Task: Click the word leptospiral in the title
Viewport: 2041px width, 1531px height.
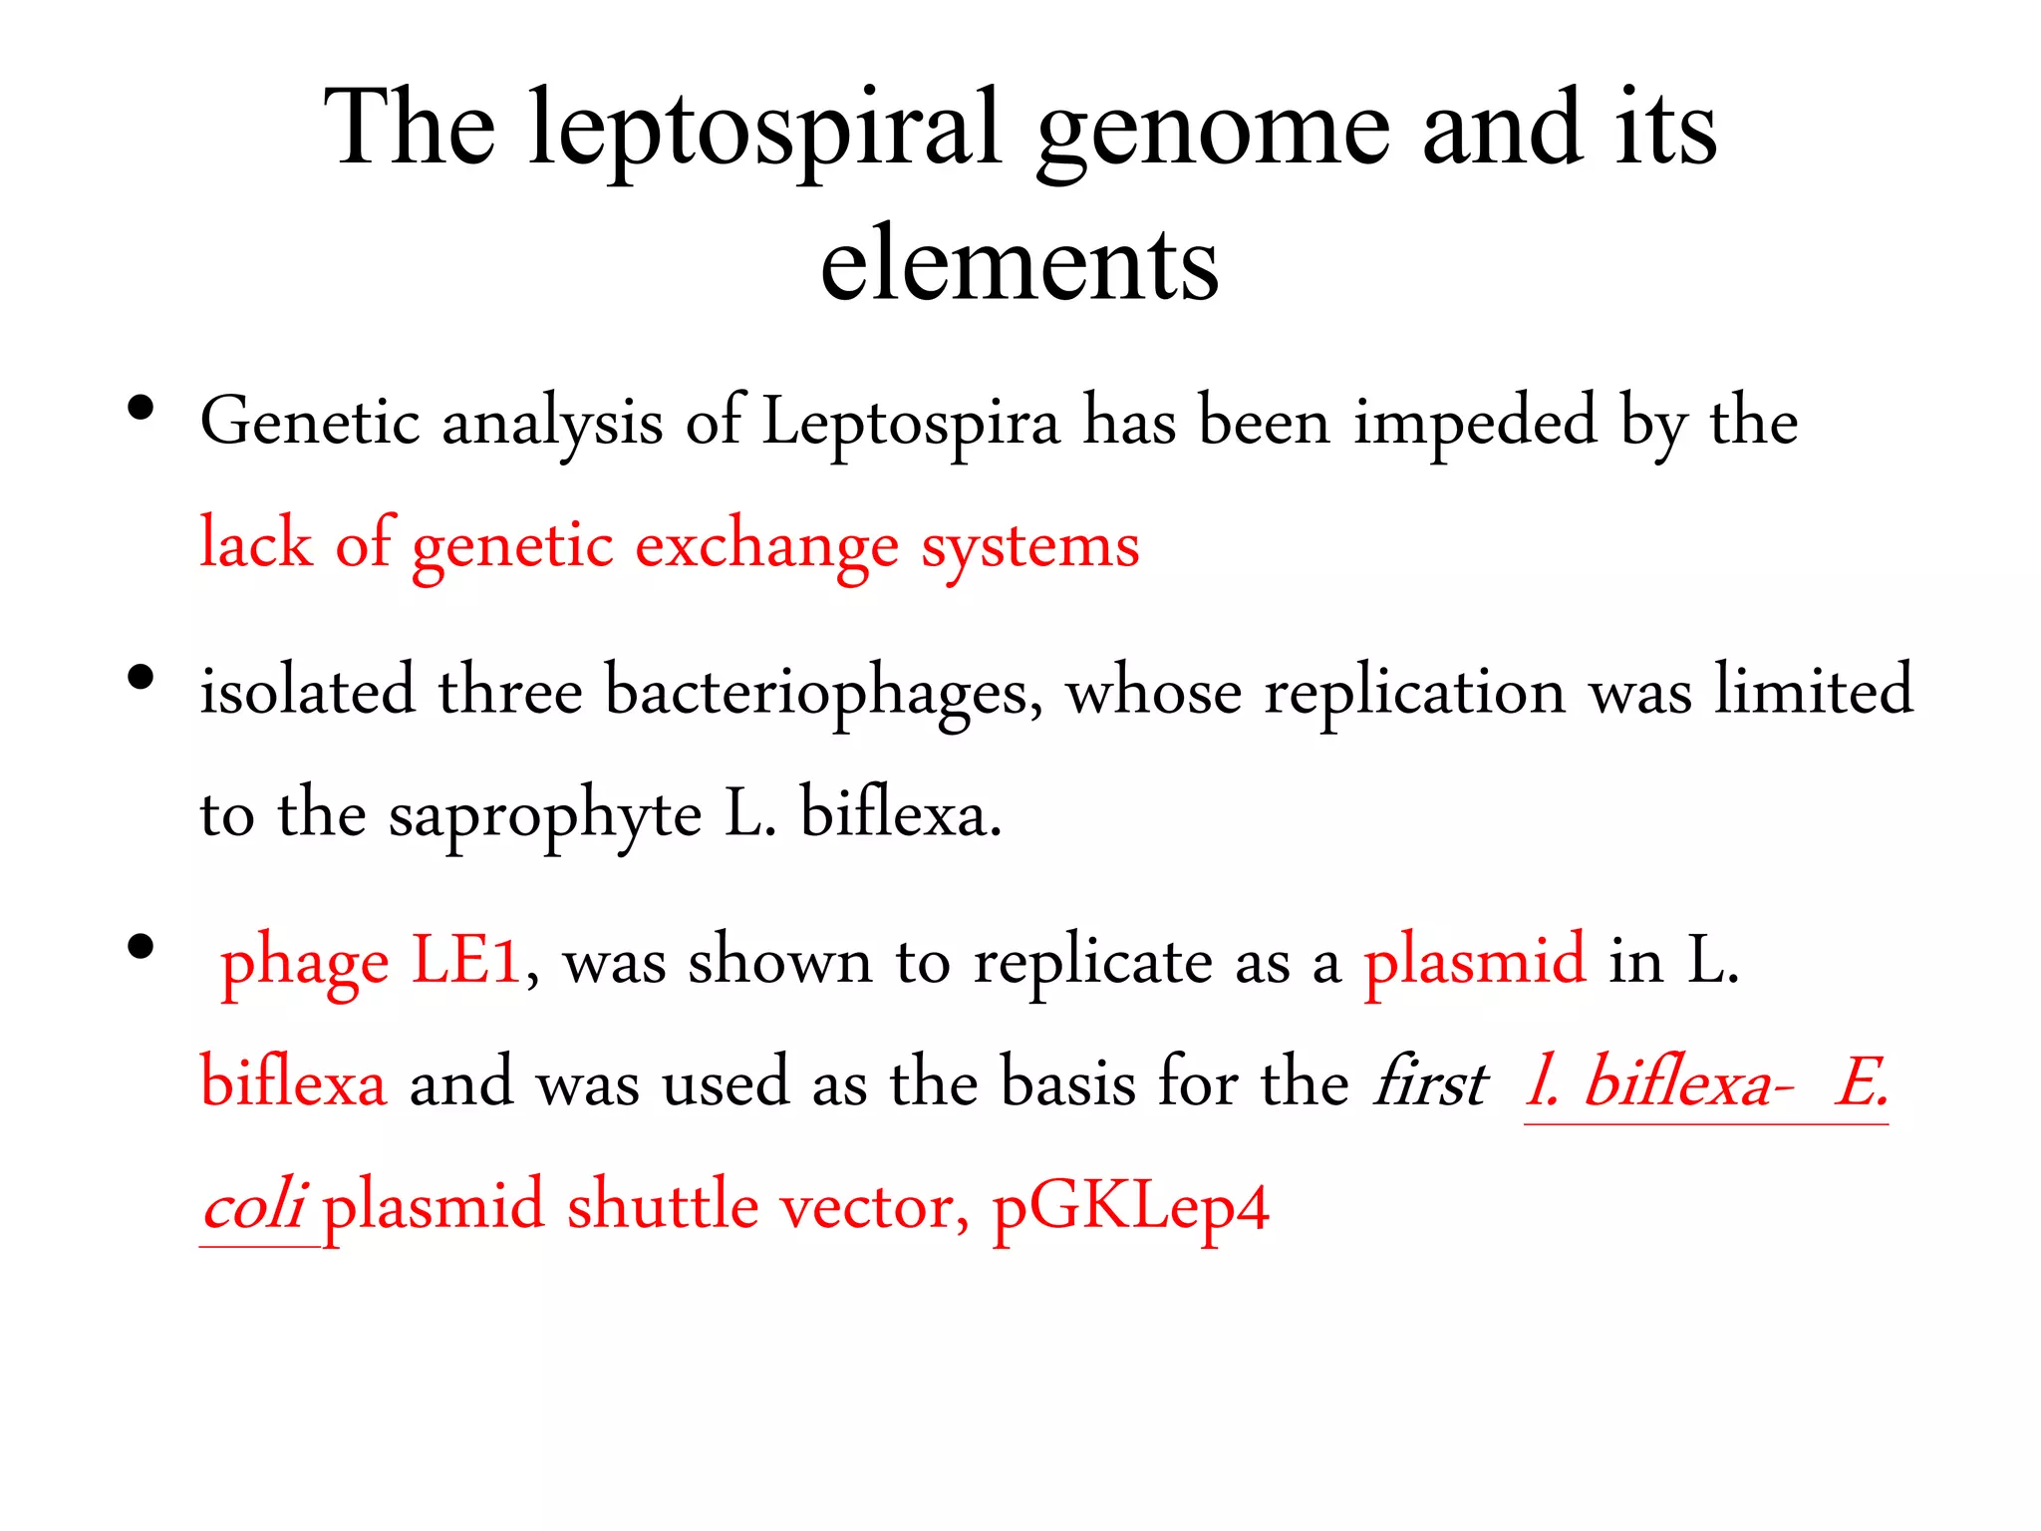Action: [x=764, y=130]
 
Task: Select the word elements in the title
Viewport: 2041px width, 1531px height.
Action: [x=1020, y=264]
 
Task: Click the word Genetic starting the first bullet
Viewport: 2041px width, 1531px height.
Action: [x=309, y=422]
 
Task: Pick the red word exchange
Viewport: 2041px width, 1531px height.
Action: [x=765, y=546]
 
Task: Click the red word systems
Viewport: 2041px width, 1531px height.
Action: [x=1029, y=546]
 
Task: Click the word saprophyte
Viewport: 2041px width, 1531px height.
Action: [x=545, y=814]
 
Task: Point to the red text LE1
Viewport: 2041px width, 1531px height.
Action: [x=465, y=961]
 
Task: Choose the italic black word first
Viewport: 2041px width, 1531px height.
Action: [x=1430, y=1082]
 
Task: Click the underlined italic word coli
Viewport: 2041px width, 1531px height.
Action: [x=253, y=1206]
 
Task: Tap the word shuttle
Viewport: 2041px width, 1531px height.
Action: [x=662, y=1206]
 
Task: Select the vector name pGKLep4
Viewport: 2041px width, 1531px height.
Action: [x=1130, y=1206]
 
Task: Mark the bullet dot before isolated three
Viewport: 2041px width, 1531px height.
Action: [x=141, y=678]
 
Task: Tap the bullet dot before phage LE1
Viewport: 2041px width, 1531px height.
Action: [x=141, y=947]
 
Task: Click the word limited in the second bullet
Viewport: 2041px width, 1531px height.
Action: [x=1813, y=690]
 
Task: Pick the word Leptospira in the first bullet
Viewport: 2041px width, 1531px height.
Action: [x=911, y=422]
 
